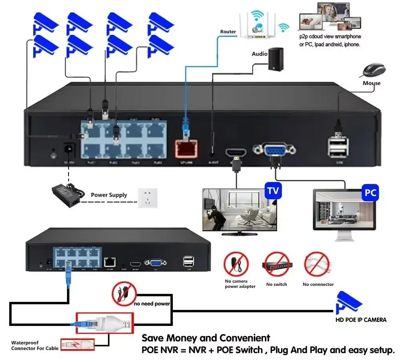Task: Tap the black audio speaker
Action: pyautogui.click(x=276, y=59)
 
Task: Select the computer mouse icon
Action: pyautogui.click(x=374, y=70)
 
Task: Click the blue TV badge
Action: pyautogui.click(x=273, y=191)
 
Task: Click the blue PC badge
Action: pyautogui.click(x=370, y=193)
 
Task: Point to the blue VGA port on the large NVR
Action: pyautogui.click(x=275, y=150)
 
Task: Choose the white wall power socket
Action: pyautogui.click(x=148, y=197)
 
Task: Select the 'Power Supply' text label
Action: pyautogui.click(x=109, y=195)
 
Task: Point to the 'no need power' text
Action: pyautogui.click(x=152, y=304)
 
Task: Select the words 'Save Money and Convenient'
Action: pyautogui.click(x=206, y=338)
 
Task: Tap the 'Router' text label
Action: pyautogui.click(x=228, y=32)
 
